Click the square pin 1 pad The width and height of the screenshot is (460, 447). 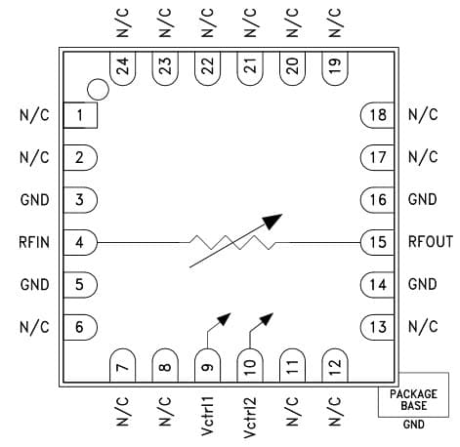(80, 115)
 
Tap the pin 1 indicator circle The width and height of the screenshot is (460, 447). (98, 90)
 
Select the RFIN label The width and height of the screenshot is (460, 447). (34, 242)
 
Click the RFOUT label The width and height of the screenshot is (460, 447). (431, 242)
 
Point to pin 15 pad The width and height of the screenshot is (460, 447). (377, 242)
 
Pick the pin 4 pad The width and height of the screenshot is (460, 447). (80, 242)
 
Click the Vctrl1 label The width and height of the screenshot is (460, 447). (208, 416)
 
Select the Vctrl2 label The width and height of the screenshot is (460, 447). (250, 418)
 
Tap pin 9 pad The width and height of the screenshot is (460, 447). (207, 365)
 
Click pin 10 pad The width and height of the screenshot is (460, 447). (250, 365)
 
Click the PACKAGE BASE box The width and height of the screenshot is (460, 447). (413, 394)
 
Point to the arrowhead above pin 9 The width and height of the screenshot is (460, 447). (224, 319)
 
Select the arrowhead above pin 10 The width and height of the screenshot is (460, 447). (266, 319)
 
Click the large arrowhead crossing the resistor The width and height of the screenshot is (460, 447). (272, 222)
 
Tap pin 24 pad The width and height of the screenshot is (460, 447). (123, 68)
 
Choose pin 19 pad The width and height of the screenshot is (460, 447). (335, 68)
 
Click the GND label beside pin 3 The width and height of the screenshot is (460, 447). (35, 200)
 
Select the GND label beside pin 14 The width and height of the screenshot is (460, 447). (423, 284)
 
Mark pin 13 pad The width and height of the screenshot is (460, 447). (377, 327)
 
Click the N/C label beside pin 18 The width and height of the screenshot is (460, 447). (423, 114)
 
